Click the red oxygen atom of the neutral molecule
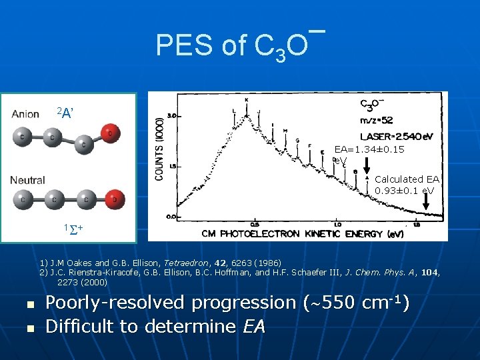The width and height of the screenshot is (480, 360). pos(115,199)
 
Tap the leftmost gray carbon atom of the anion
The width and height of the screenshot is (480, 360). pos(24,136)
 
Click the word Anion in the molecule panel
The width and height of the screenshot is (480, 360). pos(26,114)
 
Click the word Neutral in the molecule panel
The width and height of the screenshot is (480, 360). pos(28,180)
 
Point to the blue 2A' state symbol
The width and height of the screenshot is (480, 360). pos(64,112)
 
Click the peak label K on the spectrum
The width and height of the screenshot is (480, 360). pos(246,100)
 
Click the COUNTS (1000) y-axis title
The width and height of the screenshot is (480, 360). pos(159,154)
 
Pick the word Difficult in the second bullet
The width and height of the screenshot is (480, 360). pos(85,327)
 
